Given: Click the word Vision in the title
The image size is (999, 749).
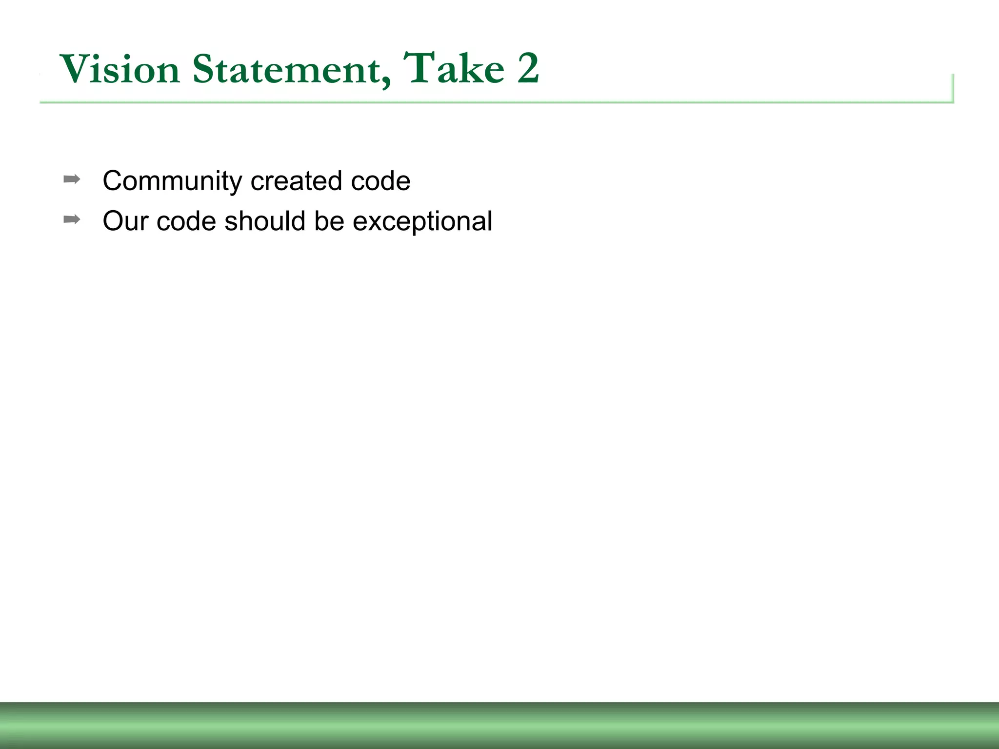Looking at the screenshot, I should pyautogui.click(x=120, y=69).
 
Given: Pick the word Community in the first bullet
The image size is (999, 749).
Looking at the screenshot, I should pyautogui.click(x=172, y=181).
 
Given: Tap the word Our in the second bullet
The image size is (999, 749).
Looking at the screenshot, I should pyautogui.click(x=125, y=221).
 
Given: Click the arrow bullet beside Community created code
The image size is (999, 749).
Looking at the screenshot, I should pyautogui.click(x=72, y=179).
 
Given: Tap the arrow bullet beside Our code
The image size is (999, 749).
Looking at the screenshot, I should pyautogui.click(x=72, y=219).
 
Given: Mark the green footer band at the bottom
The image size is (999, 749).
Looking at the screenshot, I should pyautogui.click(x=499, y=726).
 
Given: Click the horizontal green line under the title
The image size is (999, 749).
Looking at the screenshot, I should pyautogui.click(x=488, y=102).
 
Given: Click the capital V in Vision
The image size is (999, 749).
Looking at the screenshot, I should pyautogui.click(x=77, y=69).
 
